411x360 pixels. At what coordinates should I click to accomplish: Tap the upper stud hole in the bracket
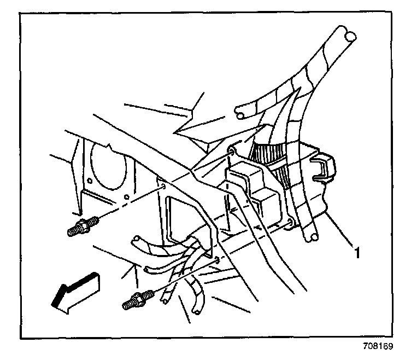163,188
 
